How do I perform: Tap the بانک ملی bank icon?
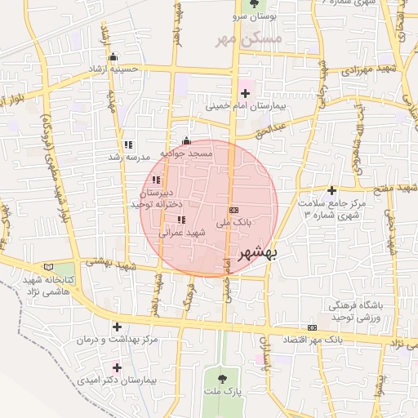coord(234,209)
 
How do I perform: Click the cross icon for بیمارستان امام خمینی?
coord(245,94)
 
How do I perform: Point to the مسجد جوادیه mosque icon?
coord(186,140)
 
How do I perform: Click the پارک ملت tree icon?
coord(223,377)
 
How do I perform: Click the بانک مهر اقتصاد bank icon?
coord(311,327)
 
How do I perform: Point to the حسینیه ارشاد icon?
coord(113,57)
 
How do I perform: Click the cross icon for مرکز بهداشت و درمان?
coord(117,327)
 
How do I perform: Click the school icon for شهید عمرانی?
coord(181,220)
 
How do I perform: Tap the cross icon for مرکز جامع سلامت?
coord(331,190)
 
